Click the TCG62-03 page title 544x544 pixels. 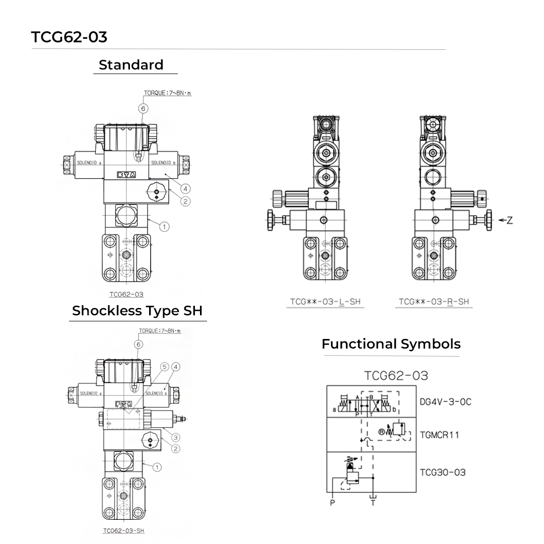point(69,37)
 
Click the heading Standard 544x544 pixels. point(131,65)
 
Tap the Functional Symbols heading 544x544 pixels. point(391,344)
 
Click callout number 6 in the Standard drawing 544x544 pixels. point(143,108)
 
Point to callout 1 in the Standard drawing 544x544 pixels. point(164,227)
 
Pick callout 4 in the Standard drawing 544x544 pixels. point(186,189)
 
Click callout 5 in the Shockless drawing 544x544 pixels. point(164,367)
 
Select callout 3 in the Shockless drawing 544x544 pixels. point(176,437)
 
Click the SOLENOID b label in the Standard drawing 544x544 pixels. point(163,163)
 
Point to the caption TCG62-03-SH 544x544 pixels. point(123,530)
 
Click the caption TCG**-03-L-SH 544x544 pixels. point(325,302)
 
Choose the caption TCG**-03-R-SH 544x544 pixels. point(434,302)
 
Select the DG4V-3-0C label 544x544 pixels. point(445,402)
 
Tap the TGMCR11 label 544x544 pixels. point(439,435)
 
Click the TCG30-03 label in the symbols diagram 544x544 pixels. point(443,472)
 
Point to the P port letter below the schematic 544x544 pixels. point(332,502)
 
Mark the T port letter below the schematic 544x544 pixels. point(373,502)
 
